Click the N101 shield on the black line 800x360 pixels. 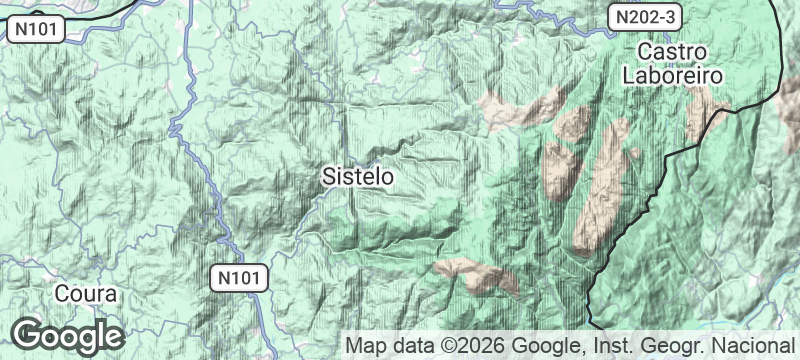(37, 31)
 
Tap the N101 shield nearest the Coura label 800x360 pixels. (240, 278)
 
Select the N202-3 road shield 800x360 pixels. (647, 17)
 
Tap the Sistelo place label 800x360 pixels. (358, 177)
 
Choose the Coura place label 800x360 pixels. (86, 295)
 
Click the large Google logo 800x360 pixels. (68, 334)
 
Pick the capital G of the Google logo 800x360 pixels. (28, 334)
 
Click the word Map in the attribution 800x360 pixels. (364, 346)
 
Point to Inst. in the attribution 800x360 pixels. (611, 346)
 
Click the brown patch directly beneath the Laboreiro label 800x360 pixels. (700, 115)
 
